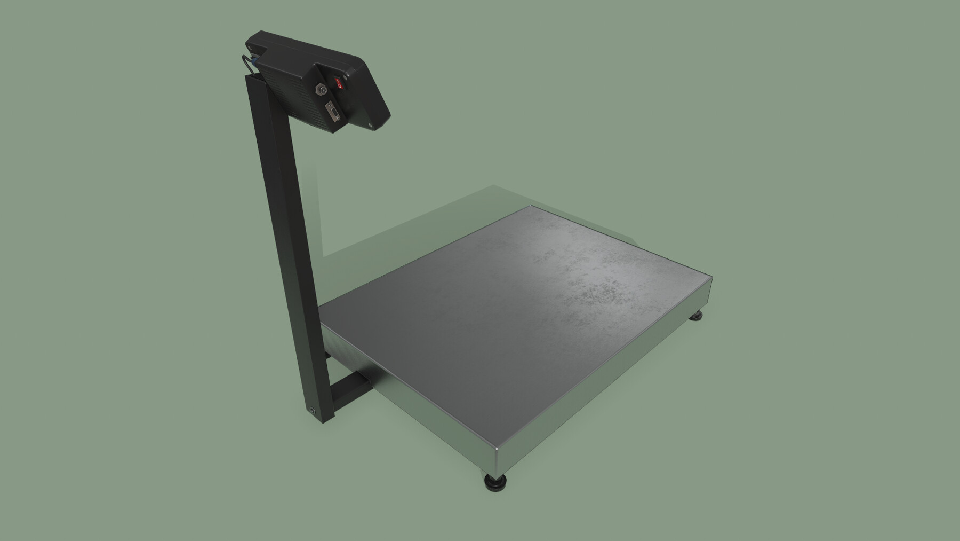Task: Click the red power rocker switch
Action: (x=338, y=83)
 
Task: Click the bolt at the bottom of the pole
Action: (x=312, y=411)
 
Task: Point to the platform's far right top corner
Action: (x=711, y=278)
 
